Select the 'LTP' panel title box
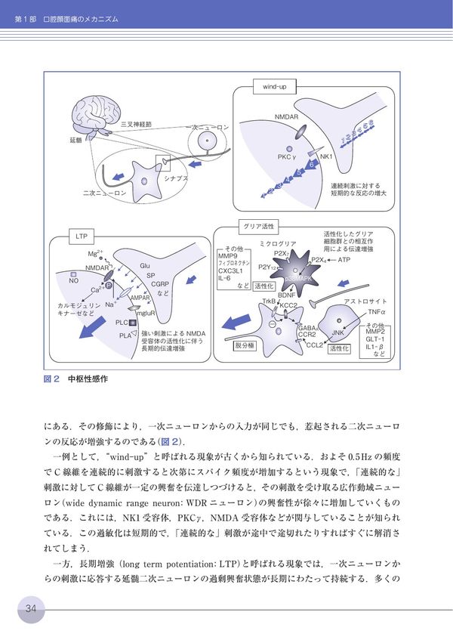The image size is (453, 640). click(82, 237)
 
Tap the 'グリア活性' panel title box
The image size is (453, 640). click(257, 225)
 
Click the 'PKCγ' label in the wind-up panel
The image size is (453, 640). click(286, 157)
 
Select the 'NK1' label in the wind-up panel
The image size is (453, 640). click(326, 157)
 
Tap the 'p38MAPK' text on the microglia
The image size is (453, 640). click(299, 279)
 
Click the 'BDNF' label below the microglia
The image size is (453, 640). click(287, 295)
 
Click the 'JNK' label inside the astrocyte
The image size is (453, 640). click(337, 333)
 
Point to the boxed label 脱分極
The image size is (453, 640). click(247, 345)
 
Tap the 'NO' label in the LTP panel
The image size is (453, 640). click(73, 280)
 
